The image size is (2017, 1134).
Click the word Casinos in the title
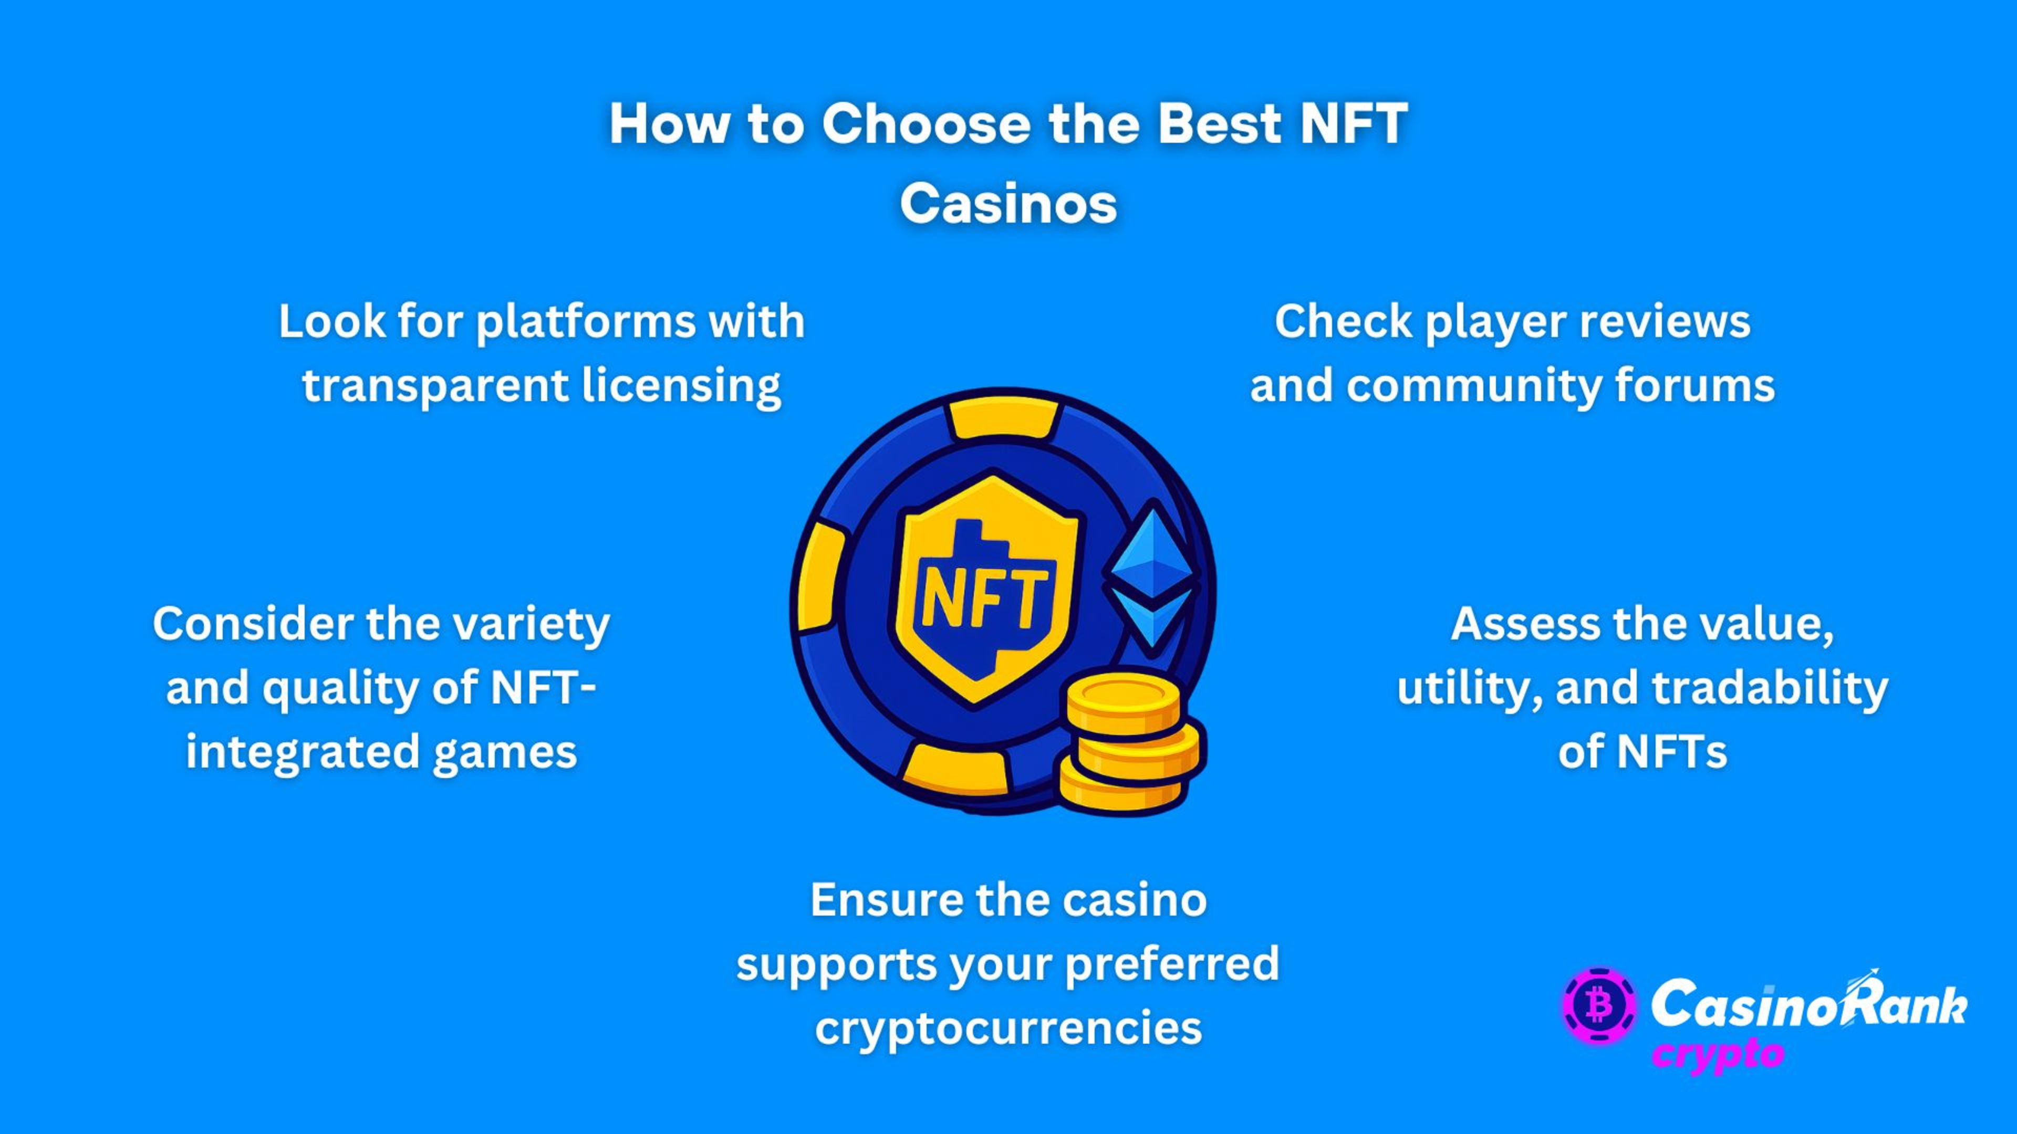point(1008,204)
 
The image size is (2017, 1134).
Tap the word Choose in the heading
point(926,124)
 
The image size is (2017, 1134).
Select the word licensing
point(681,386)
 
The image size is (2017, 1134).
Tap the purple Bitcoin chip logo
point(1599,1006)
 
